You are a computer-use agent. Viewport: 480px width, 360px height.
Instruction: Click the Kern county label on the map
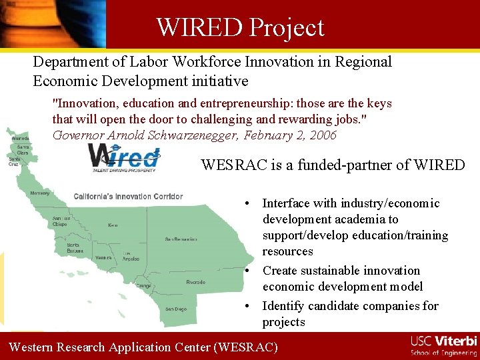[113, 225]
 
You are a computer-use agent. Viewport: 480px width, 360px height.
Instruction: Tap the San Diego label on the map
[176, 309]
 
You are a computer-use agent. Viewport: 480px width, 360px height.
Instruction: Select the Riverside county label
[195, 282]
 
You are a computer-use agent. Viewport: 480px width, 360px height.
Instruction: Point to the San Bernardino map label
[181, 238]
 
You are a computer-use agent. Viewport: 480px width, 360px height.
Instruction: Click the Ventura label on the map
[103, 257]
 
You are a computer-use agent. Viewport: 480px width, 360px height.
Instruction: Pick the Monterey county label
[39, 193]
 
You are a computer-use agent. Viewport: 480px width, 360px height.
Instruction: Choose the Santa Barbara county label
[75, 247]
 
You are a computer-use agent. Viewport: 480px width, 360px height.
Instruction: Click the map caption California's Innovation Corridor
[128, 197]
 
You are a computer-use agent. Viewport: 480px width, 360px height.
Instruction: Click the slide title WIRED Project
[240, 27]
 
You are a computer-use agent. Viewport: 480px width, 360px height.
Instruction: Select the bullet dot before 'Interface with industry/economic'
[247, 203]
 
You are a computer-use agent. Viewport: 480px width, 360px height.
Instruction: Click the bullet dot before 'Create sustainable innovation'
[247, 271]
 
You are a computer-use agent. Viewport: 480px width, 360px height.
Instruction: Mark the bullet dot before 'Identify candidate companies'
[247, 306]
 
